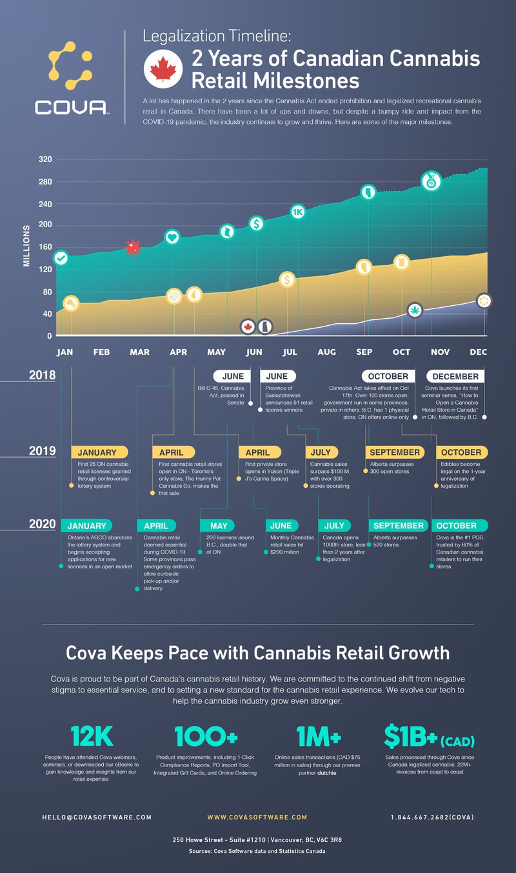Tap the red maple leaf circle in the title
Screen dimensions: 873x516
(161, 69)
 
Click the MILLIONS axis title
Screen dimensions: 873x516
(26, 246)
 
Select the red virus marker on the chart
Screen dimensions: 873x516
(133, 247)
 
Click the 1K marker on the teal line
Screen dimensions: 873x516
(297, 211)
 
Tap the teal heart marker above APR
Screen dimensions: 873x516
(172, 237)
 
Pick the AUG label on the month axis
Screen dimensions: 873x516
(326, 352)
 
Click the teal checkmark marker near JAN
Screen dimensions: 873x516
(61, 258)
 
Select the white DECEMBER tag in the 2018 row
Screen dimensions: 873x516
(455, 376)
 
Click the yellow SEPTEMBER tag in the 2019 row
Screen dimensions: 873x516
(395, 452)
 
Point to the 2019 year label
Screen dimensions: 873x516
(42, 451)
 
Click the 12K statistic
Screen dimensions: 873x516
(92, 736)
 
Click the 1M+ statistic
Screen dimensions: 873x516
(319, 736)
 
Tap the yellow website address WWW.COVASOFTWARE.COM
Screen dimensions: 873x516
(257, 817)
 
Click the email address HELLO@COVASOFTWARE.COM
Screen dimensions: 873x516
(97, 817)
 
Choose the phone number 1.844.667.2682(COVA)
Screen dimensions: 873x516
(432, 817)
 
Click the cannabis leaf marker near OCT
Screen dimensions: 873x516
(415, 310)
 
